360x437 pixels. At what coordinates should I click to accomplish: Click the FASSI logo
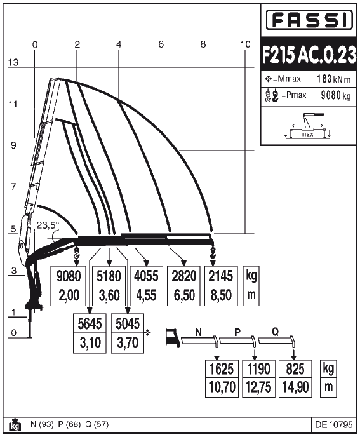tap(309, 20)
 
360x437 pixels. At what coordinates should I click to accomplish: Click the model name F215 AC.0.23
tap(309, 54)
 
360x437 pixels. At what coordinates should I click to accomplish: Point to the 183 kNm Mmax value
tap(333, 79)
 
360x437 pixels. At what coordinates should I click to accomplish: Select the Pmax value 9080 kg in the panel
tap(336, 95)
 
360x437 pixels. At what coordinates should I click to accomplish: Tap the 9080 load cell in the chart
tap(69, 276)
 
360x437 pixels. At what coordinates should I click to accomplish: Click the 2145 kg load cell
tap(221, 276)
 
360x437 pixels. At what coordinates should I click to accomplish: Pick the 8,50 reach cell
tap(221, 295)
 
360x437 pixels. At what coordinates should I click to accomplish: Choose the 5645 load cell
tap(90, 323)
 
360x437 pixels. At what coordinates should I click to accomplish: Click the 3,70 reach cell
tap(128, 343)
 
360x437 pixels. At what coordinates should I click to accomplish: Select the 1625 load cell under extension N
tap(222, 369)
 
